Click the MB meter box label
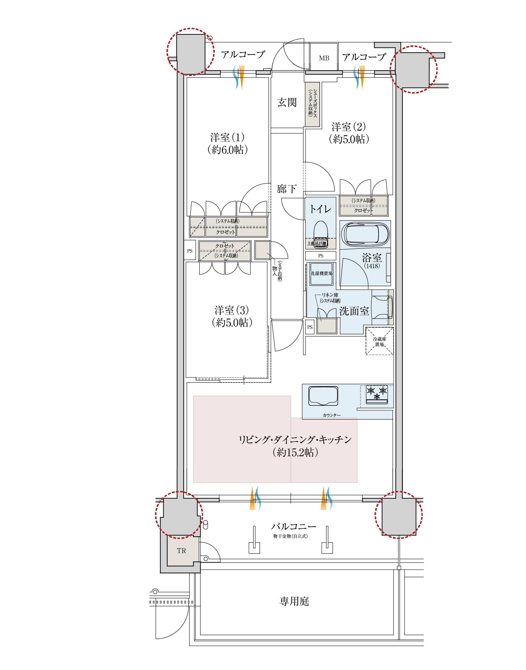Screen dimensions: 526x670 pos(324,58)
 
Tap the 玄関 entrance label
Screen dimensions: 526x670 pos(287,103)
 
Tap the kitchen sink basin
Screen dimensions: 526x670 pos(323,396)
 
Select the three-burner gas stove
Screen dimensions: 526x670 pos(377,394)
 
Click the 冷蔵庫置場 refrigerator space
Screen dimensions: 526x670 pos(379,341)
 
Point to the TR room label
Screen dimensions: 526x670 pos(181,550)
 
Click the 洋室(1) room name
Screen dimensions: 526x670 pos(227,137)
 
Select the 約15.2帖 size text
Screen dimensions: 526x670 pos(295,452)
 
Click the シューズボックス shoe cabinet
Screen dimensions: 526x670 pos(312,104)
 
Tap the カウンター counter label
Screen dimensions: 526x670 pos(332,415)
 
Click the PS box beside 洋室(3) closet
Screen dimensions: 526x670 pos(190,251)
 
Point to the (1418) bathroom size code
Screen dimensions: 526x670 pos(372,266)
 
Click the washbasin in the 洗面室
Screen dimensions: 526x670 pos(382,307)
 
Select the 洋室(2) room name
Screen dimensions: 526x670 pos(349,127)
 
